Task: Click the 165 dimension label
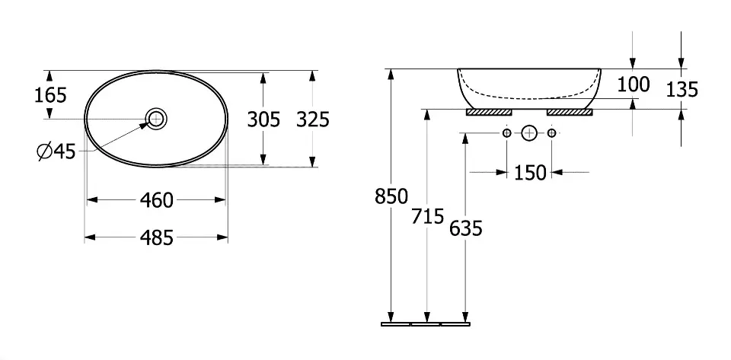pyautogui.click(x=50, y=95)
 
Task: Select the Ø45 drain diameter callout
pyautogui.click(x=56, y=151)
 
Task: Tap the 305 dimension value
pyautogui.click(x=263, y=119)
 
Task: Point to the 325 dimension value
pyautogui.click(x=313, y=119)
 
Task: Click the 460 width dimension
pyautogui.click(x=157, y=200)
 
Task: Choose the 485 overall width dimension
pyautogui.click(x=157, y=238)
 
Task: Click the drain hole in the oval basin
pyautogui.click(x=156, y=119)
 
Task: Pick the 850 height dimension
pyautogui.click(x=391, y=196)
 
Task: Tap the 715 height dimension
pyautogui.click(x=427, y=217)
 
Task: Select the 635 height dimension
pyautogui.click(x=466, y=228)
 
